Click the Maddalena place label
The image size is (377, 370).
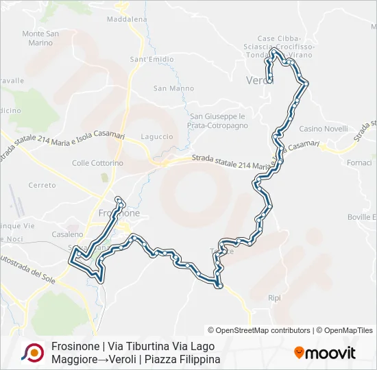[127, 19]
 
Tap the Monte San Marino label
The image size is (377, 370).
[37, 38]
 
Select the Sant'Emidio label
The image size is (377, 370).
[151, 60]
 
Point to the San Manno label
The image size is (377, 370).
[173, 88]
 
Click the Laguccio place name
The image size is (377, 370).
[156, 136]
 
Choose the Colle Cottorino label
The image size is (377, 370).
[97, 163]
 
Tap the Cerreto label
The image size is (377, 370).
[42, 186]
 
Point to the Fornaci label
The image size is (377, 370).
[359, 162]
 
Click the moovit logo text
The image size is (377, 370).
[330, 354]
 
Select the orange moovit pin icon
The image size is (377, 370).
[299, 353]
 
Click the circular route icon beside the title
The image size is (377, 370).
[32, 353]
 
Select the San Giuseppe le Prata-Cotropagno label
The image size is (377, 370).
[217, 121]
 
